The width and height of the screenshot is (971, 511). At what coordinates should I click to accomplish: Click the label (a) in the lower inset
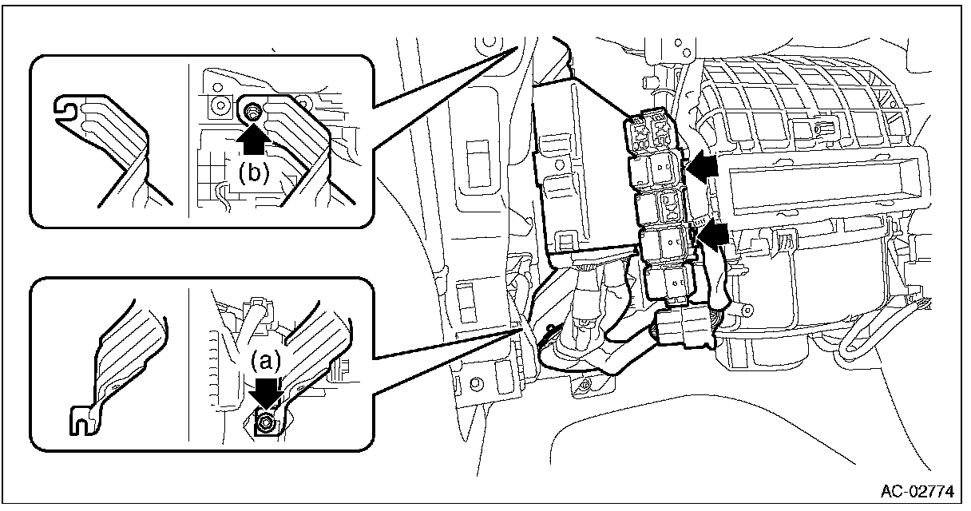click(266, 361)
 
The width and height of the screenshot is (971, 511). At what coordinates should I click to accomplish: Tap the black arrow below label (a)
click(266, 393)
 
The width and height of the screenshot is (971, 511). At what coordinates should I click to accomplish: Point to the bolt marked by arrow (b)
click(252, 111)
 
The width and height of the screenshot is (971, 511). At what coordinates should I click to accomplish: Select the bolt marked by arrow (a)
click(266, 422)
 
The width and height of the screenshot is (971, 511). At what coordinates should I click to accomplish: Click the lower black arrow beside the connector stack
click(712, 234)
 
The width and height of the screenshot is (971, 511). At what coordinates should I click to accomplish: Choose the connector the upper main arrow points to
click(658, 169)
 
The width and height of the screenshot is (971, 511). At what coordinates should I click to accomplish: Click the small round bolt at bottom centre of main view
click(585, 386)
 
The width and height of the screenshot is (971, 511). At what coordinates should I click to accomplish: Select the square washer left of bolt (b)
click(214, 105)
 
